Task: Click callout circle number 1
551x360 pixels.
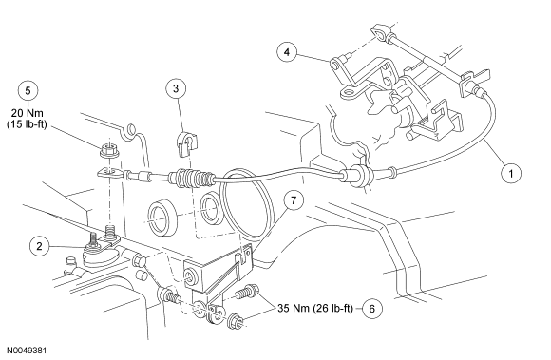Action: click(x=511, y=173)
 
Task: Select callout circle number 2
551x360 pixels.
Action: click(x=39, y=246)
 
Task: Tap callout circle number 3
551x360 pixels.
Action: click(x=176, y=89)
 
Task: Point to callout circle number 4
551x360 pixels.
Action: click(x=287, y=52)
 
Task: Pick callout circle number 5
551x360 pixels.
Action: click(x=28, y=90)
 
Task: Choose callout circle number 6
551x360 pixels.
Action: click(x=372, y=309)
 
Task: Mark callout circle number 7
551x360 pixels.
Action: click(x=293, y=200)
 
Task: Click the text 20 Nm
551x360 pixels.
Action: click(x=27, y=113)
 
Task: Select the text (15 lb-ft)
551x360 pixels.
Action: click(x=27, y=124)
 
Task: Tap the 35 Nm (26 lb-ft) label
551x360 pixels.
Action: click(x=315, y=308)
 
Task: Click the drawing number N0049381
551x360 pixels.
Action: click(x=27, y=351)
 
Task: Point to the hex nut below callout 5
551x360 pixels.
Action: click(x=109, y=151)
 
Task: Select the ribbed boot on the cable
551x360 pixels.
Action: click(x=190, y=178)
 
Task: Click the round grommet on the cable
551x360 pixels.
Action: click(x=356, y=175)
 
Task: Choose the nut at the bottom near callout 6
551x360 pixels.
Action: click(x=236, y=321)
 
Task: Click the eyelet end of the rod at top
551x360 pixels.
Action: click(x=380, y=33)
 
